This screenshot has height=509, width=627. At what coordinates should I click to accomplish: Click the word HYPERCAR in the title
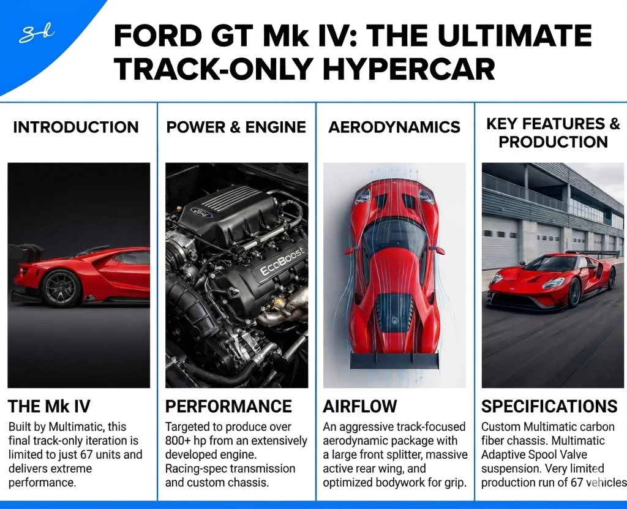tap(408, 69)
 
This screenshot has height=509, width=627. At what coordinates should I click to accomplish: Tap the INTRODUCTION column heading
tap(76, 127)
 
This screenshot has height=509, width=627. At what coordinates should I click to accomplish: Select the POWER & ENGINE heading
tap(236, 127)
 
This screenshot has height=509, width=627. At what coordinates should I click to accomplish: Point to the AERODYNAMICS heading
tap(394, 127)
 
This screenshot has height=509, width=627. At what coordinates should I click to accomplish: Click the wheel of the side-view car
tap(61, 287)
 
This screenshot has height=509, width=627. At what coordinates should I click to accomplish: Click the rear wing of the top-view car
tap(394, 361)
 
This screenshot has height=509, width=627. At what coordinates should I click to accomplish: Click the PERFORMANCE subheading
tap(229, 406)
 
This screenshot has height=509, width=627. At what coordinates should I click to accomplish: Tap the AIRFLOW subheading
tap(360, 406)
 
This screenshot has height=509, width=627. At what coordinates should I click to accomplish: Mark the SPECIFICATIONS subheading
tap(549, 406)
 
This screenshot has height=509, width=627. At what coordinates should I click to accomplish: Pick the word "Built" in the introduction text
tap(21, 426)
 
